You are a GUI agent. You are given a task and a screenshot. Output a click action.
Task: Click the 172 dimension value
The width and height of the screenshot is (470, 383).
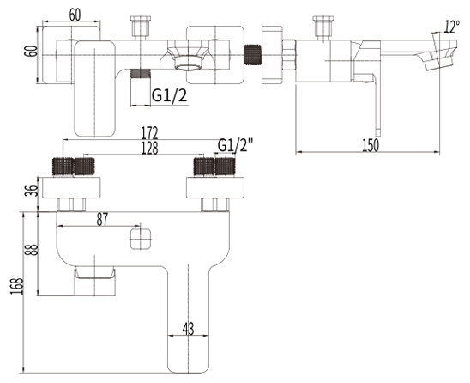(x=150, y=132)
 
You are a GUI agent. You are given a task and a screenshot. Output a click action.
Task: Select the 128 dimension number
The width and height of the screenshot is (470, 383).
(x=150, y=148)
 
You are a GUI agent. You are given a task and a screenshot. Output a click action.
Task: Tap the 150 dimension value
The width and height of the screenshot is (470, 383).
(x=371, y=145)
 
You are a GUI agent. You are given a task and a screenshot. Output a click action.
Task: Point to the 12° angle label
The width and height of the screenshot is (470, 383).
(x=452, y=27)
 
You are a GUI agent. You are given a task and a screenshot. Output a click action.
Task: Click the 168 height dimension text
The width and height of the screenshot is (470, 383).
(x=17, y=286)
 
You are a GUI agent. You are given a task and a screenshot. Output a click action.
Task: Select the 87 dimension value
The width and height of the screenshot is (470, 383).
(x=102, y=220)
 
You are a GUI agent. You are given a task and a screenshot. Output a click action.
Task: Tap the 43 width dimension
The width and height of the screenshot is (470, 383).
(x=188, y=329)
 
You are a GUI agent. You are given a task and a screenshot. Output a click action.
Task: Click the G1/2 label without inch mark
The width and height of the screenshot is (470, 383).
(x=170, y=95)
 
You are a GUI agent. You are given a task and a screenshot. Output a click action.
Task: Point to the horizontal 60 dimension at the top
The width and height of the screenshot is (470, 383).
(x=75, y=15)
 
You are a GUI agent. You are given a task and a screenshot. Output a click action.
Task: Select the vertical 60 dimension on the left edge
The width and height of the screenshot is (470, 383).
(x=32, y=51)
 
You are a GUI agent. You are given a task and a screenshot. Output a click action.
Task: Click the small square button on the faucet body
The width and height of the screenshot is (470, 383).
(x=141, y=239)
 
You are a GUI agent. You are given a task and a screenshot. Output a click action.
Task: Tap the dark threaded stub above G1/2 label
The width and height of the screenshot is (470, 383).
(x=141, y=74)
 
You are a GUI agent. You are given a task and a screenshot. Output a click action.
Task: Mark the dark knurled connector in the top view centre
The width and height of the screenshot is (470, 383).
(x=253, y=54)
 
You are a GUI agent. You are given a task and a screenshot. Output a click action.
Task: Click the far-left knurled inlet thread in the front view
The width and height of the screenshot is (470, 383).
(x=63, y=167)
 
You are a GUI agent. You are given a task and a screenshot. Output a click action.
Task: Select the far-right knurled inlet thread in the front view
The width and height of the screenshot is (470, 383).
(x=226, y=167)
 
